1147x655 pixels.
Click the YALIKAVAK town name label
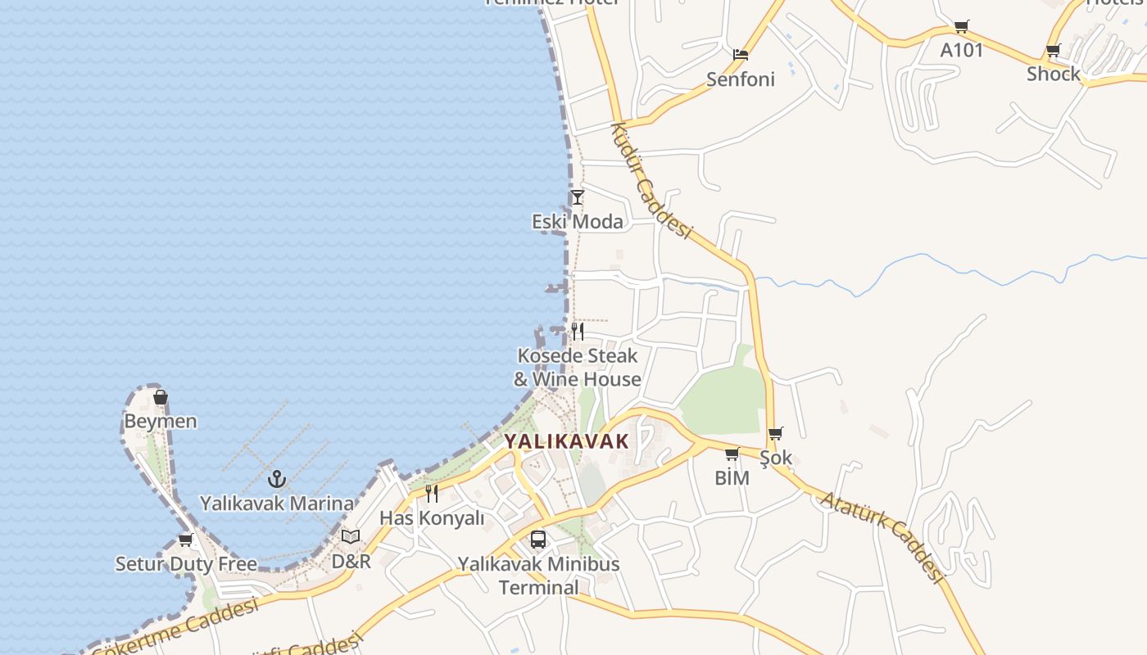(566, 441)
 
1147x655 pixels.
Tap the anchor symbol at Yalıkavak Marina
(277, 479)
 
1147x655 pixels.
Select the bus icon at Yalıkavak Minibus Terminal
(538, 540)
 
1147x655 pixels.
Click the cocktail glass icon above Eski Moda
(578, 197)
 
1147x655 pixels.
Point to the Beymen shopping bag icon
(161, 398)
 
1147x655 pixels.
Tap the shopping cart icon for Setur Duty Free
(185, 540)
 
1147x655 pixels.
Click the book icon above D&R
(351, 537)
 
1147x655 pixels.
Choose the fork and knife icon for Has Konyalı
(432, 494)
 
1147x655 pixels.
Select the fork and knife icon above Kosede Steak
(578, 332)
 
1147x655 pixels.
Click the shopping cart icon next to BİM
(732, 454)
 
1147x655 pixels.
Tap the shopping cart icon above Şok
(775, 434)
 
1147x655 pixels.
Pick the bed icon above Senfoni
(741, 55)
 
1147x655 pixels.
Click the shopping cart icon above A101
(961, 26)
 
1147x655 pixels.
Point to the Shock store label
(1054, 74)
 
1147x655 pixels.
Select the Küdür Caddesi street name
(651, 180)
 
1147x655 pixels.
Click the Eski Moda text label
(578, 222)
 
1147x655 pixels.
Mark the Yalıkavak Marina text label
(277, 504)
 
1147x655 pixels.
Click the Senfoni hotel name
(741, 79)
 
